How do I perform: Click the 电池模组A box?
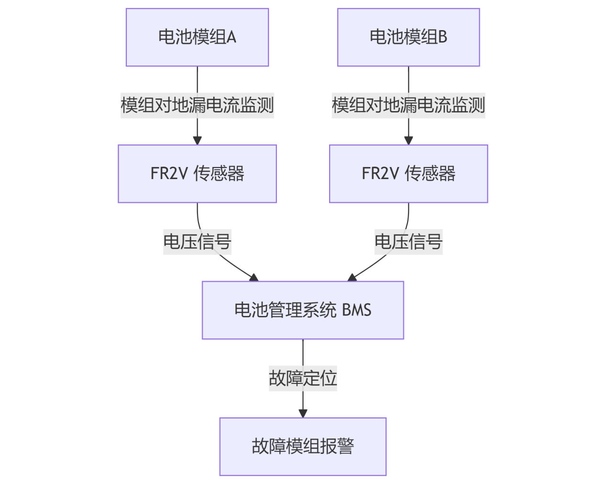click(x=197, y=37)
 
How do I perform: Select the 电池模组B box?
click(x=408, y=37)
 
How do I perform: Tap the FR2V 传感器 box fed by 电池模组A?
click(x=197, y=174)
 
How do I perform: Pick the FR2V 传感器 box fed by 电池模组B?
click(x=408, y=174)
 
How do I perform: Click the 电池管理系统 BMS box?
click(x=303, y=310)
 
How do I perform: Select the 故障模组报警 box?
click(x=303, y=447)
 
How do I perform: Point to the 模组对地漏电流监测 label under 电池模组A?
click(x=197, y=105)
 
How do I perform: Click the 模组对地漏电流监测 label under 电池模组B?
click(x=408, y=105)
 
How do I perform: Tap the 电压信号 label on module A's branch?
click(x=197, y=242)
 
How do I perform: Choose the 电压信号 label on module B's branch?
click(x=408, y=242)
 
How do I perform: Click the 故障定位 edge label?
click(x=303, y=378)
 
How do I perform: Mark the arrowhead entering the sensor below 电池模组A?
click(x=197, y=140)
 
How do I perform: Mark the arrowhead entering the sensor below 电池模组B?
click(x=408, y=140)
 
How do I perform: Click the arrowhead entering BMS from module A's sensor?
click(x=254, y=278)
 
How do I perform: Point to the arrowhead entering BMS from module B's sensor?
click(x=352, y=278)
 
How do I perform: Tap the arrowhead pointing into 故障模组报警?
click(x=303, y=413)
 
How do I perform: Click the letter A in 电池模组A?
click(x=231, y=37)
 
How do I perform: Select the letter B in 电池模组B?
click(x=442, y=37)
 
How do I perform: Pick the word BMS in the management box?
click(x=356, y=310)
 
